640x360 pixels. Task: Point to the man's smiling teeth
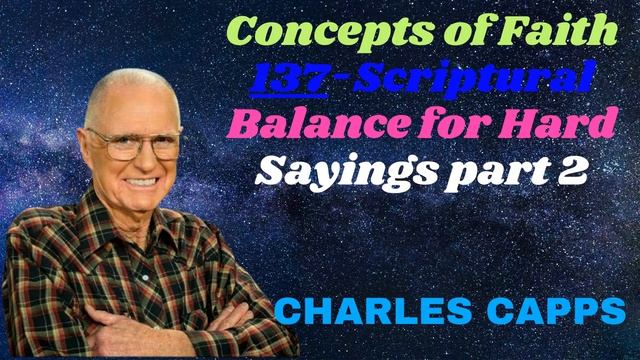click(142, 183)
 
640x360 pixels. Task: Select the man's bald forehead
click(125, 105)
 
